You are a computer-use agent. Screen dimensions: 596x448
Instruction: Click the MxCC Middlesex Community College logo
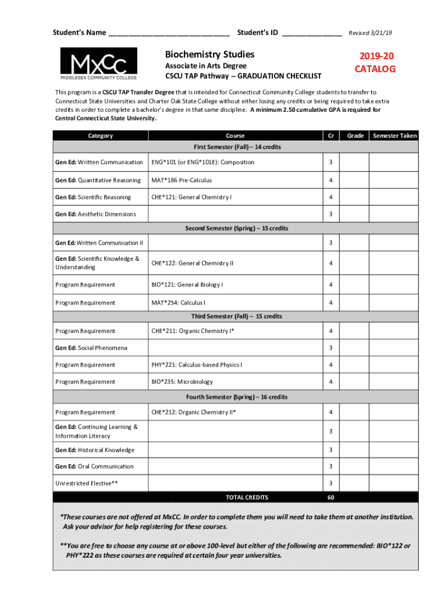[99, 64]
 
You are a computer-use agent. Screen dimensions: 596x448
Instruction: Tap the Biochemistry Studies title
[209, 55]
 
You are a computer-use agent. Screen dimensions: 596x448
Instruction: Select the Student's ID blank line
[312, 33]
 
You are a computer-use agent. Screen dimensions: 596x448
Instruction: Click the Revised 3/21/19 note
[374, 33]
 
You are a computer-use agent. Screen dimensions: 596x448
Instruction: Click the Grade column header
[355, 136]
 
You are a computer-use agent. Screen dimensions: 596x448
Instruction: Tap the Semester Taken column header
[395, 136]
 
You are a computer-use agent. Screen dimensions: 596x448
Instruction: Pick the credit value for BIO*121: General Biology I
[330, 285]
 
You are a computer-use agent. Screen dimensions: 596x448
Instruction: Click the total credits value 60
[330, 498]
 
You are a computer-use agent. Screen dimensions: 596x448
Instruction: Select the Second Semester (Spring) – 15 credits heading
[236, 228]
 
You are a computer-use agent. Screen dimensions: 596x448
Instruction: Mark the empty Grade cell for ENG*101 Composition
[355, 162]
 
